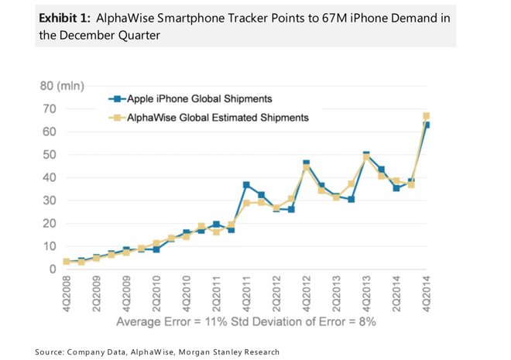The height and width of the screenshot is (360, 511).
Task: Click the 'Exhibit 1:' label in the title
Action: tap(66, 18)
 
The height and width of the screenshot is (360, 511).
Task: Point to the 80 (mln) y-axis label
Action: tap(62, 85)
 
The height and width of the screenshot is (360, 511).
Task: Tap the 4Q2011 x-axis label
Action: tap(245, 294)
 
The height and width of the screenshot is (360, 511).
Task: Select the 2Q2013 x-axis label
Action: tap(336, 294)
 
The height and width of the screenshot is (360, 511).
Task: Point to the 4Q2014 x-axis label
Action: tap(427, 294)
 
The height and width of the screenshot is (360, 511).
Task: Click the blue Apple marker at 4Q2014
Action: tap(427, 125)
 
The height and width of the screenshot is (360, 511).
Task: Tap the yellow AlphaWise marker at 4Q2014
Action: tap(426, 116)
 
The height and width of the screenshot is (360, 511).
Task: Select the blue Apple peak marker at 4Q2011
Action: tap(245, 185)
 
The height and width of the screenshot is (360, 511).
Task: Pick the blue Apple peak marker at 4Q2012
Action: tap(306, 163)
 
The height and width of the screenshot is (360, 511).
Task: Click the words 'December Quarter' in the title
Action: tap(100, 35)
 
